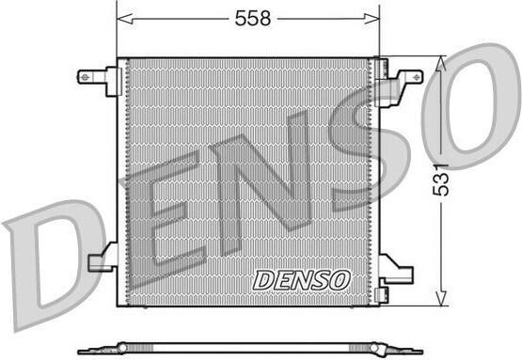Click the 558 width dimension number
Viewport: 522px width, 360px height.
coord(253,18)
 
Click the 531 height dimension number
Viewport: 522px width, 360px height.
coord(440,180)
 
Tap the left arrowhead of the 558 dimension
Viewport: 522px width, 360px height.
coord(125,19)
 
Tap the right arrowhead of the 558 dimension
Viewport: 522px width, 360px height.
coord(372,19)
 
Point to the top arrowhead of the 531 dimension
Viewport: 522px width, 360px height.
coord(441,63)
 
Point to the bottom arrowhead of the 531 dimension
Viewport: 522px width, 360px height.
coord(441,298)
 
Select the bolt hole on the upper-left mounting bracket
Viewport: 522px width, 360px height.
coord(86,77)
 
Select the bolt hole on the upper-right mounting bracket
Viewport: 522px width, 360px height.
coord(417,77)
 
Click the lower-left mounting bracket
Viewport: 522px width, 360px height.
coord(103,258)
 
